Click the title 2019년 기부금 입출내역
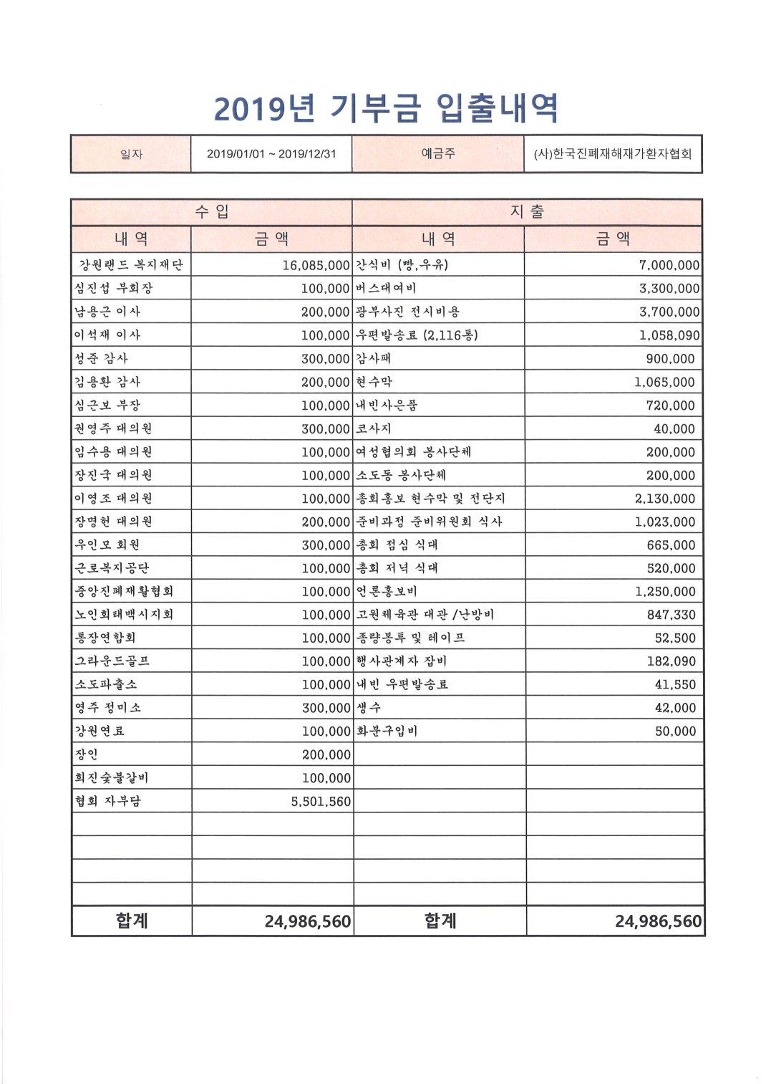386,108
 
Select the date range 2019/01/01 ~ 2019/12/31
271,154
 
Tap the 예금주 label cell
437,153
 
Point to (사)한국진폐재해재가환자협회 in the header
612,154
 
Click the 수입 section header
212,211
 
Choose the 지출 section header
527,211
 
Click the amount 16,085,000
316,265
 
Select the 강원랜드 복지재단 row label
131,265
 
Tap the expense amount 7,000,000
669,265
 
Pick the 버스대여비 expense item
386,288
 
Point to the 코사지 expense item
374,428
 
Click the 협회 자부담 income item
108,801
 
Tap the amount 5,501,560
321,802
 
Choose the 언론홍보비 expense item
387,591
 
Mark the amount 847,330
671,615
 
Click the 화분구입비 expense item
387,731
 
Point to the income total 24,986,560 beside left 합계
307,921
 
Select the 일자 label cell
131,154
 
